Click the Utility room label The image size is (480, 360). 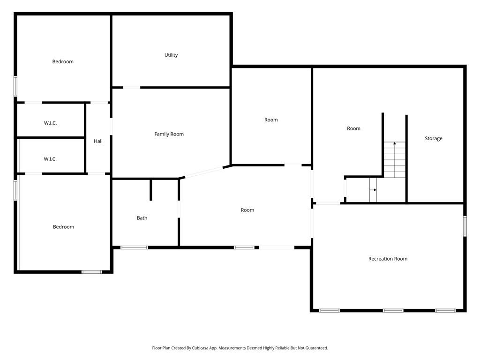(x=171, y=55)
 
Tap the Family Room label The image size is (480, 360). (x=169, y=134)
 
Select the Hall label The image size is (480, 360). (x=98, y=141)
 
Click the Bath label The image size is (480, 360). (x=142, y=218)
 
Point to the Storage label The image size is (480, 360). (x=433, y=139)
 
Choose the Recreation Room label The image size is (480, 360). (x=388, y=259)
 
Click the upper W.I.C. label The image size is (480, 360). (x=51, y=123)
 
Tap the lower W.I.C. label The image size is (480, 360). (x=51, y=159)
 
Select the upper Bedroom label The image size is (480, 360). (x=63, y=62)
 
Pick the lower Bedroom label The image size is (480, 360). (x=63, y=227)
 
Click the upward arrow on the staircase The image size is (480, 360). (x=395, y=143)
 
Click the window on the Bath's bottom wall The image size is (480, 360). (x=134, y=247)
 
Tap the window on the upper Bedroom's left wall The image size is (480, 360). (x=15, y=86)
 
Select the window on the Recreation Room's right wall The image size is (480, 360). (x=465, y=225)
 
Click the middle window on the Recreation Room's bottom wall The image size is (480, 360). (x=393, y=310)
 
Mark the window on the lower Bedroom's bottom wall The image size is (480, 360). (x=92, y=271)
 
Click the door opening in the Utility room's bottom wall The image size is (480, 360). (x=132, y=87)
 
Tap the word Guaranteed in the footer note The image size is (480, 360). (x=315, y=348)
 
